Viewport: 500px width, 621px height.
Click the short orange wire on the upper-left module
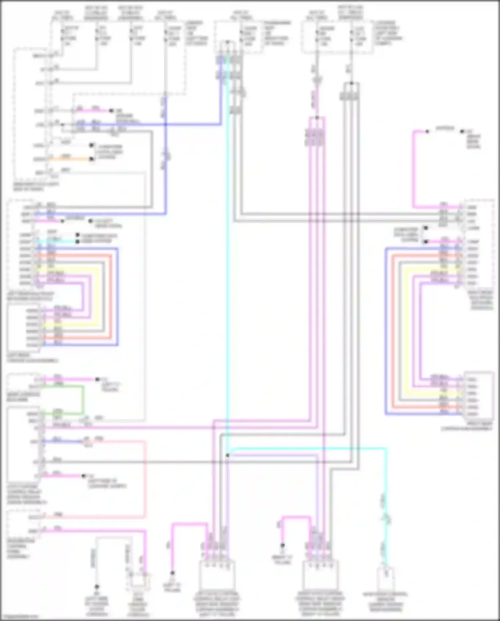(70, 159)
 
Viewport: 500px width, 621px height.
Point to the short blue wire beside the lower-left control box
(63, 441)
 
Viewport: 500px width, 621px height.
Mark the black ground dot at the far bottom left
(97, 586)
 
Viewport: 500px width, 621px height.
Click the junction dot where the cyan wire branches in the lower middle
(227, 455)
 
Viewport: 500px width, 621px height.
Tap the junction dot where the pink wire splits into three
(317, 117)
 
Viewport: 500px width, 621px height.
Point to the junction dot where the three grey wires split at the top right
(351, 83)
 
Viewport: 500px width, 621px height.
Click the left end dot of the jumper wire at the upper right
(427, 131)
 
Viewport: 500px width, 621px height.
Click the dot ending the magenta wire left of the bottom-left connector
(172, 573)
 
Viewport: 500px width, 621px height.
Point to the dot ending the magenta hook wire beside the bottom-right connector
(282, 546)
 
